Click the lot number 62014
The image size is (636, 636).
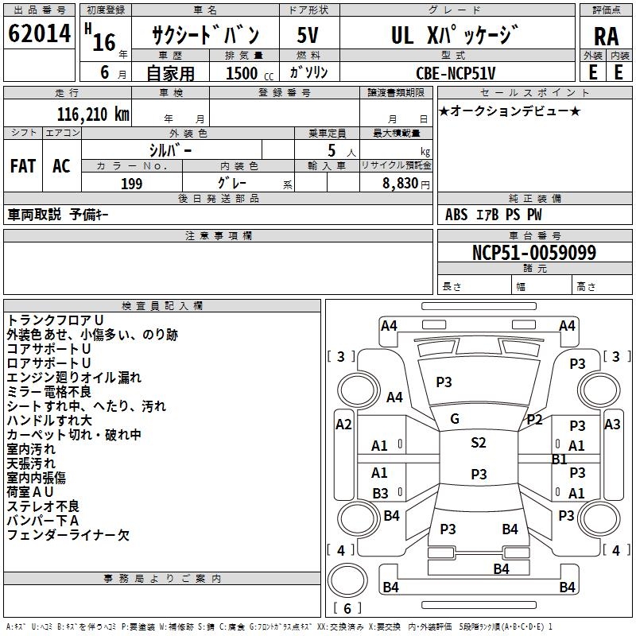pyautogui.click(x=39, y=35)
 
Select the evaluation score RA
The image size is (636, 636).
pyautogui.click(x=606, y=36)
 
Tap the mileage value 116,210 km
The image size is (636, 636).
pyautogui.click(x=93, y=114)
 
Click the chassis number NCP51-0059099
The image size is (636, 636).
pyautogui.click(x=533, y=253)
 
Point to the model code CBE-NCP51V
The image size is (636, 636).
pyautogui.click(x=456, y=73)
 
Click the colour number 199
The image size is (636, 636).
pyautogui.click(x=131, y=184)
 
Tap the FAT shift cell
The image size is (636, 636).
pyautogui.click(x=22, y=166)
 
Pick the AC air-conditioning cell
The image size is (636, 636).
pyautogui.click(x=61, y=166)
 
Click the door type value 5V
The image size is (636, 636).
pyautogui.click(x=309, y=36)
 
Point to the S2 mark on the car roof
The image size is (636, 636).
pyautogui.click(x=478, y=443)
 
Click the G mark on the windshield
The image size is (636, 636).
pyautogui.click(x=455, y=419)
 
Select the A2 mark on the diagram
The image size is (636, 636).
pyautogui.click(x=343, y=425)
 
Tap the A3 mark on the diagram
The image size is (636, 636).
pyautogui.click(x=612, y=425)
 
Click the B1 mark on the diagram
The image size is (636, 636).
pyautogui.click(x=559, y=459)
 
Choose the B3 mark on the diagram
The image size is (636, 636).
pyautogui.click(x=380, y=493)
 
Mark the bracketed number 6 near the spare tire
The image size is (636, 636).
pyautogui.click(x=347, y=609)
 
